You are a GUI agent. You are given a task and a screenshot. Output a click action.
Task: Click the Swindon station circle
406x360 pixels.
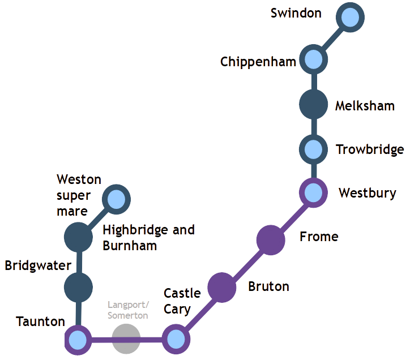tap(349, 18)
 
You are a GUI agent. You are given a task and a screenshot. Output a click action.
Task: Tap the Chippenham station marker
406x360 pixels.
tap(313, 59)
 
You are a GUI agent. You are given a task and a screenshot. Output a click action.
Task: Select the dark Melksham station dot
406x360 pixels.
tap(313, 105)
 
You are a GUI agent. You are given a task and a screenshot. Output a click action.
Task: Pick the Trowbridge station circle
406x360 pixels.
tap(313, 149)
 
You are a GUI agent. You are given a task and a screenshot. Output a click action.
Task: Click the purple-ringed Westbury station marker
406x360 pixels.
tap(313, 192)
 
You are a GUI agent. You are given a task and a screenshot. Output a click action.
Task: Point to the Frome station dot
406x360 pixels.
tap(270, 239)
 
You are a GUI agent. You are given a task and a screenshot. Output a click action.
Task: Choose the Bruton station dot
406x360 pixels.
tap(221, 286)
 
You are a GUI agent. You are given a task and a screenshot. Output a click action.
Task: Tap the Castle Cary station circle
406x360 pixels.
tap(176, 340)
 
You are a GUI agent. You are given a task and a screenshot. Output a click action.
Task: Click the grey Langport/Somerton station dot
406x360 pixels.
tap(126, 340)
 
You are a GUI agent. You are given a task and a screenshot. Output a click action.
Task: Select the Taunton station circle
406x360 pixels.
tap(78, 340)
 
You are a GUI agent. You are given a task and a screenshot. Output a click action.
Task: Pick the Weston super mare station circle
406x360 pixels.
tap(117, 199)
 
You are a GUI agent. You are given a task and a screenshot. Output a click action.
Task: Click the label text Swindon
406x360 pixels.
tap(296, 12)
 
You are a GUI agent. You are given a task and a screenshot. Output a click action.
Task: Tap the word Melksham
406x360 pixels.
tap(365, 106)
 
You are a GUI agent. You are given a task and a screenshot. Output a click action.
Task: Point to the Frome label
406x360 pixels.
tap(319, 236)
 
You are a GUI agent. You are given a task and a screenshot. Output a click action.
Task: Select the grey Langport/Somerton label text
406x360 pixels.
tap(128, 310)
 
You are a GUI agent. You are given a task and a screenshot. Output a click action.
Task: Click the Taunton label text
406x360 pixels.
tap(41, 322)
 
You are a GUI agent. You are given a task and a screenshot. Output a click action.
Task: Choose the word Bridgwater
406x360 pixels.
tap(38, 265)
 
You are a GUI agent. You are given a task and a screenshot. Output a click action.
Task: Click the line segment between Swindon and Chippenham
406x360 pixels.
tap(332, 38)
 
